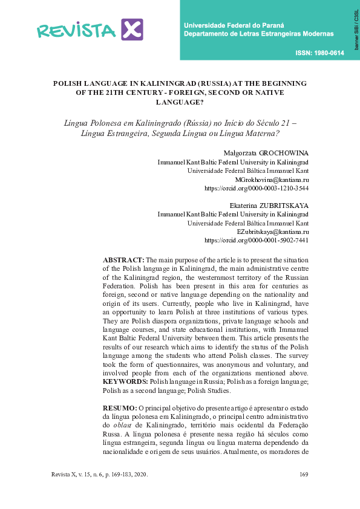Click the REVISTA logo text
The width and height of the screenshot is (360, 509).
76,30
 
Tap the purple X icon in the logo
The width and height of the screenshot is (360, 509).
132,29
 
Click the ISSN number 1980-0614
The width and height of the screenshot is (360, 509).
320,53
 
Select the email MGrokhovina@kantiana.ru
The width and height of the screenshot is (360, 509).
272,180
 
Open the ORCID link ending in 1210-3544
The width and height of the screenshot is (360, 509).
257,188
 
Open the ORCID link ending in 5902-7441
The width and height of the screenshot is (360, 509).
257,240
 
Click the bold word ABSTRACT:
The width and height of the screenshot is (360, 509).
123,259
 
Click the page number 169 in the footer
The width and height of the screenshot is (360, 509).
304,474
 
